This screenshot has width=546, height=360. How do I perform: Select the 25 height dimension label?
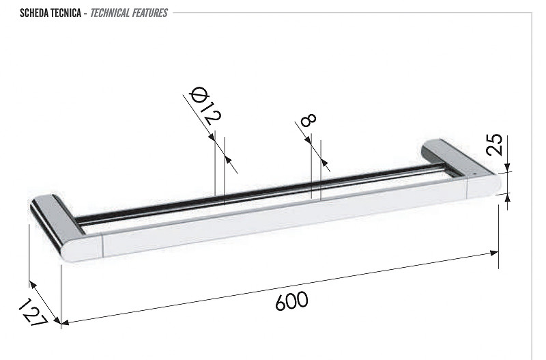pyautogui.click(x=495, y=144)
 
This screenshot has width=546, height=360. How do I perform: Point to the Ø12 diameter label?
pyautogui.click(x=205, y=106)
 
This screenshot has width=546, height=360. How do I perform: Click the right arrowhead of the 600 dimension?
pyautogui.click(x=494, y=253)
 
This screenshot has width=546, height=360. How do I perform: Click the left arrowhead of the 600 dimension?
pyautogui.click(x=65, y=323)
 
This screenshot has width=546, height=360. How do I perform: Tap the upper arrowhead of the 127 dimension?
pyautogui.click(x=32, y=284)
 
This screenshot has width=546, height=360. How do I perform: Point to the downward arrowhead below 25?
pyautogui.click(x=507, y=167)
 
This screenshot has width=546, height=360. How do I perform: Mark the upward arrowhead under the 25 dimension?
pyautogui.click(x=507, y=197)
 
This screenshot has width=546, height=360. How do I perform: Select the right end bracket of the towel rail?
pyautogui.click(x=462, y=169)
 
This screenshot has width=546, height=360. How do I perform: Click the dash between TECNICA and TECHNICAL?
pyautogui.click(x=85, y=14)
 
